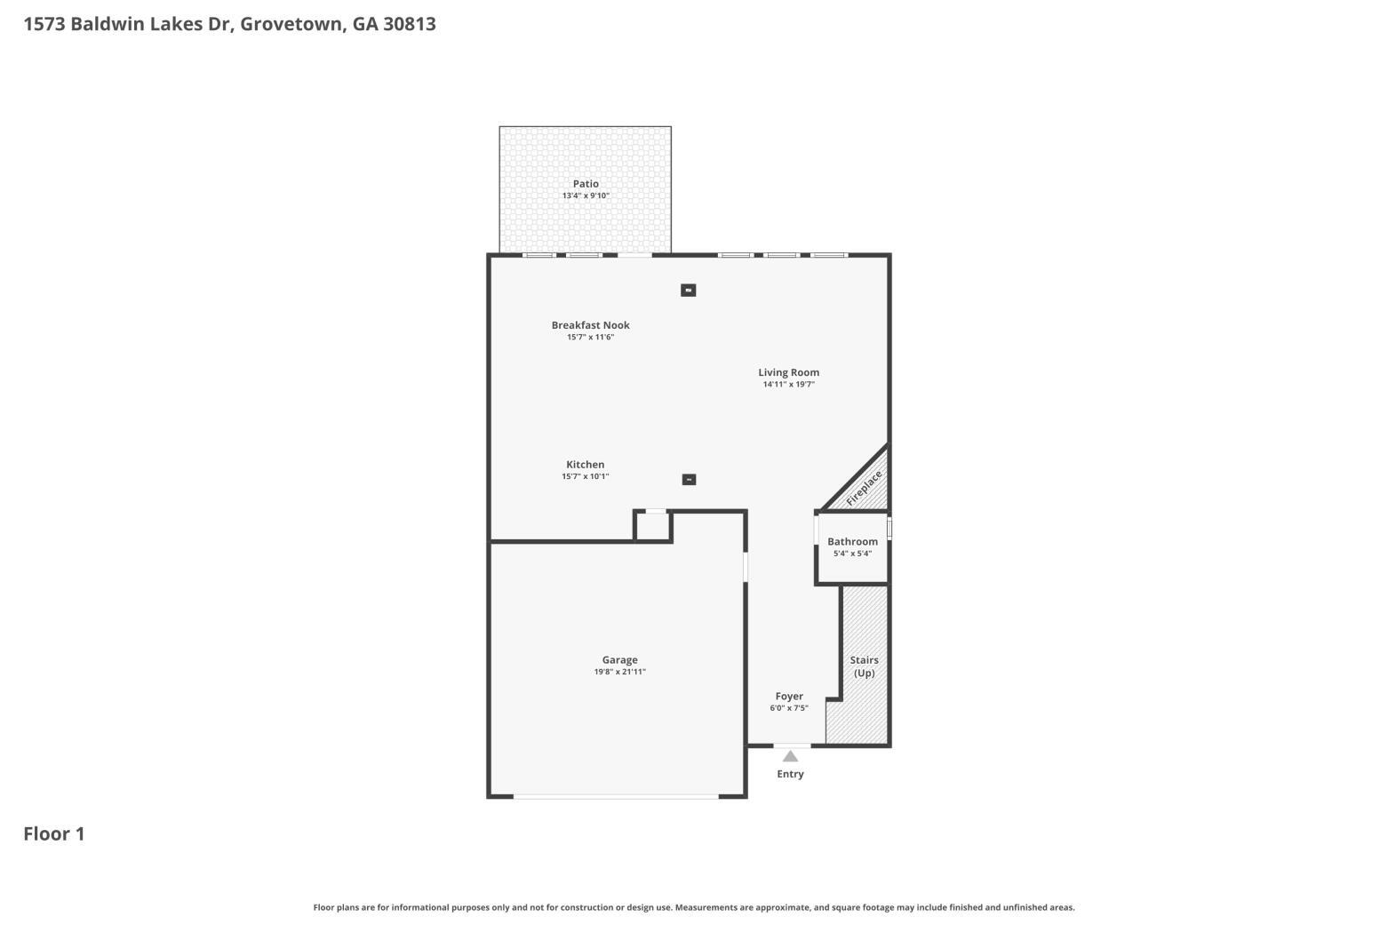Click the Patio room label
(586, 183)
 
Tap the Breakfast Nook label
(591, 324)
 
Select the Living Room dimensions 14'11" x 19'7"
(789, 384)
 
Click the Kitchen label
(585, 464)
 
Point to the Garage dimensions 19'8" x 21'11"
(619, 672)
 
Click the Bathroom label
(853, 541)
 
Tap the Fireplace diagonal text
(864, 488)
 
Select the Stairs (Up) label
(865, 666)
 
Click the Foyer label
(789, 697)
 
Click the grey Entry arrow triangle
(790, 756)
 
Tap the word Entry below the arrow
(790, 774)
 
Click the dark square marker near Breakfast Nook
(689, 290)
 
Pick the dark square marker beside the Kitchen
(689, 480)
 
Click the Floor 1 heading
(54, 834)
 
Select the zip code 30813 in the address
(410, 23)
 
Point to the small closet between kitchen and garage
(653, 527)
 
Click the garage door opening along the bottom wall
(616, 797)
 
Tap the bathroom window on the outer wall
(889, 529)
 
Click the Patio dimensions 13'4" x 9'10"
(586, 195)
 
